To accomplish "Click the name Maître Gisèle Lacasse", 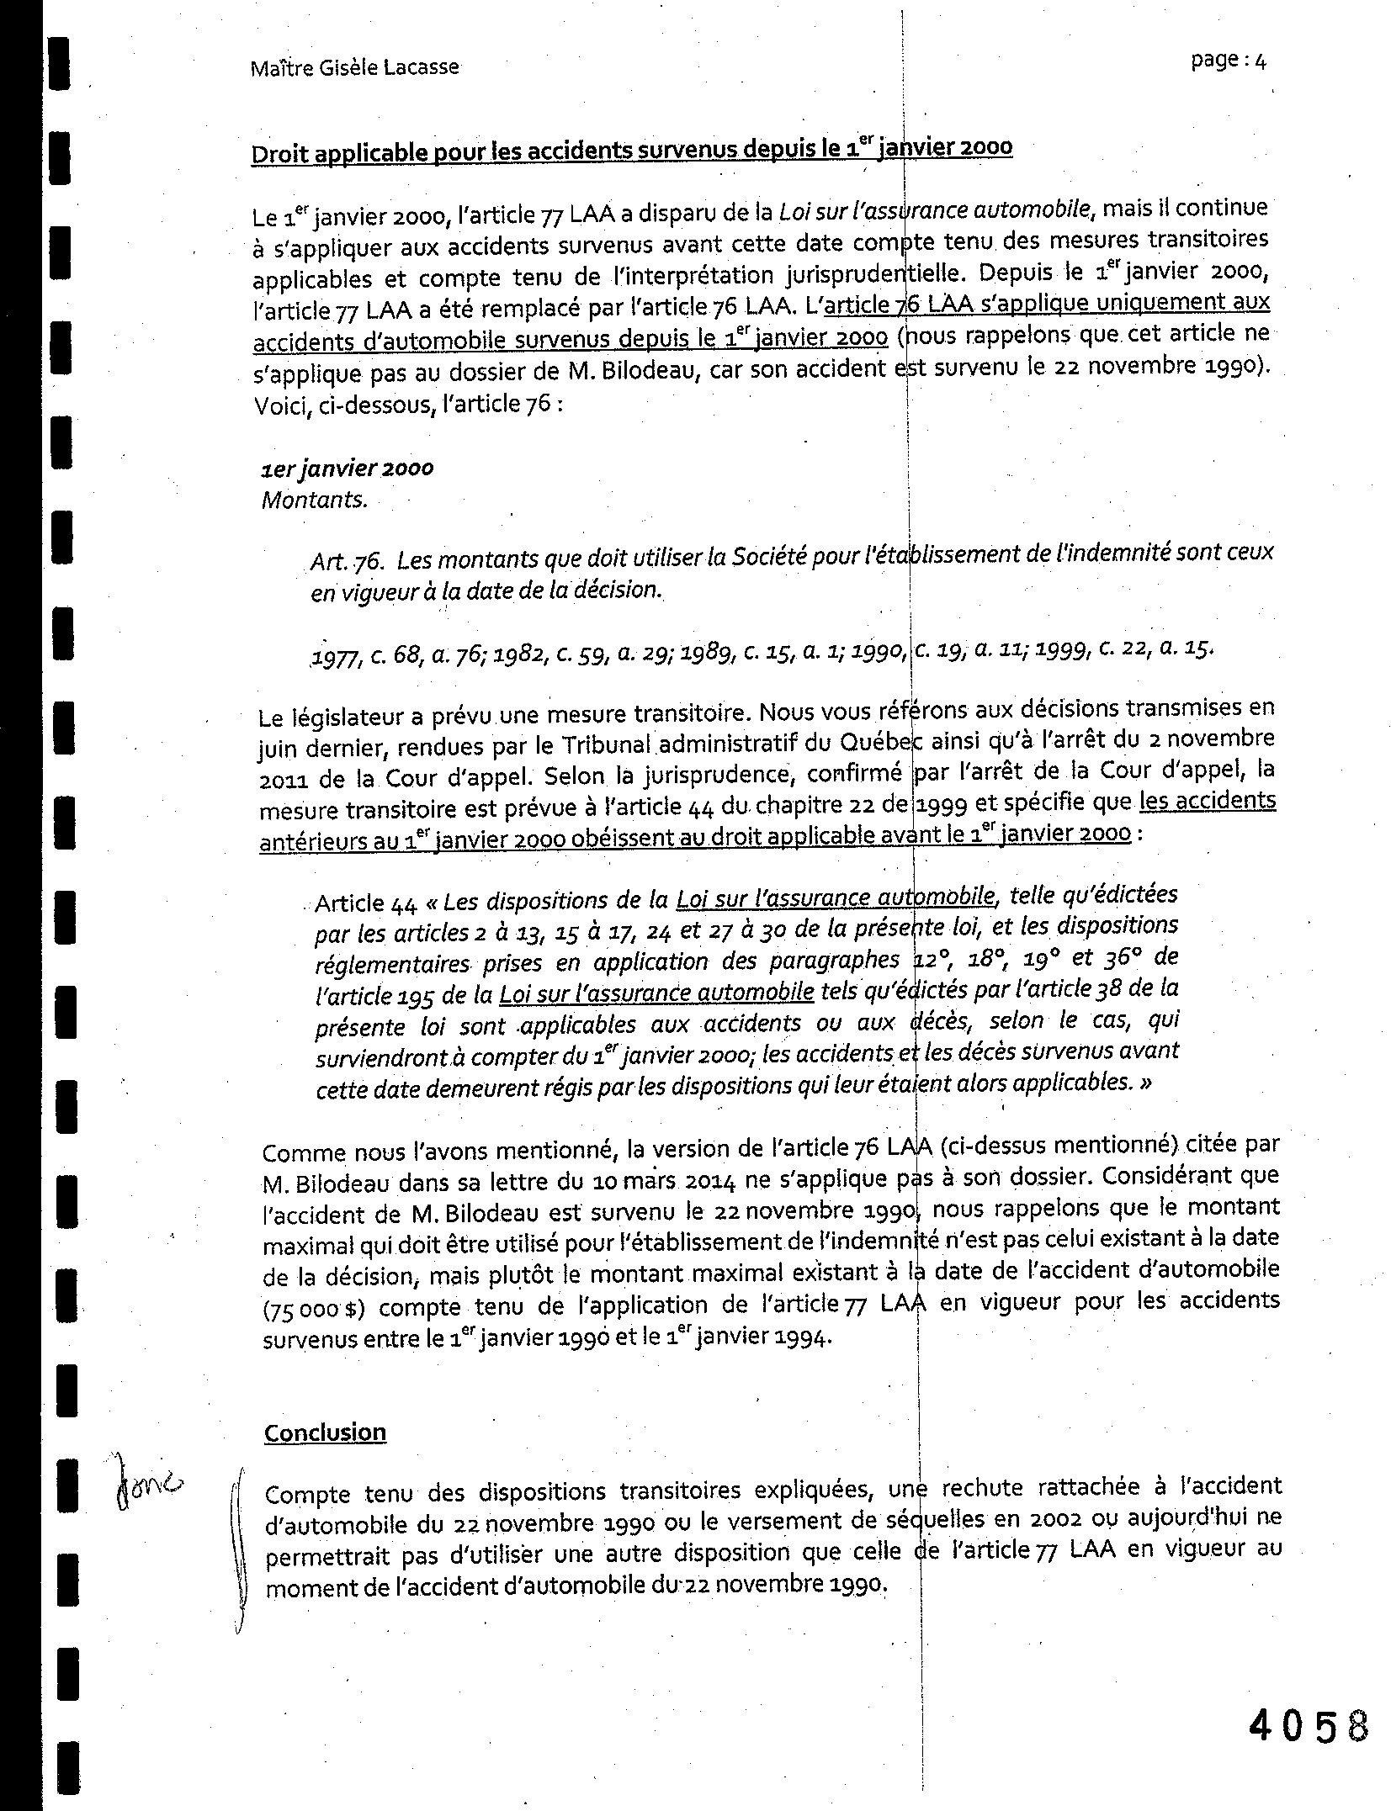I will click(x=354, y=67).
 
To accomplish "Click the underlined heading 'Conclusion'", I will click(x=325, y=1432).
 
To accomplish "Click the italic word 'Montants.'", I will click(x=315, y=500).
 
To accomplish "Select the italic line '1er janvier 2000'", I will click(x=348, y=469).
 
